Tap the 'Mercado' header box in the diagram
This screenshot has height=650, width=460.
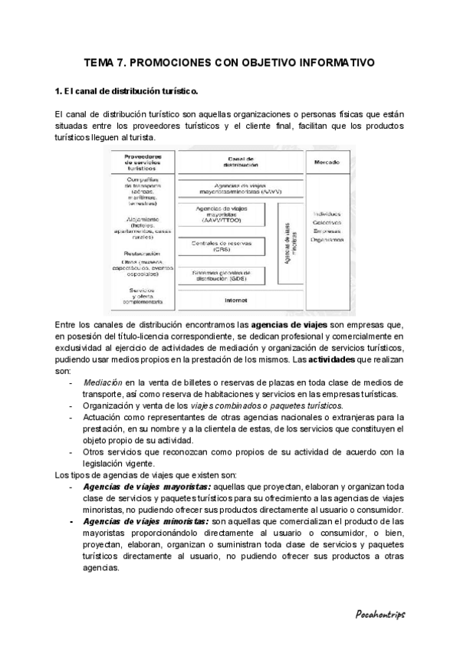click(327, 162)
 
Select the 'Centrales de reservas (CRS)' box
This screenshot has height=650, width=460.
click(222, 245)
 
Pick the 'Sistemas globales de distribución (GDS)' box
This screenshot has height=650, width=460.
click(222, 276)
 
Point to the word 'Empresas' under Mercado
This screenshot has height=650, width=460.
click(327, 230)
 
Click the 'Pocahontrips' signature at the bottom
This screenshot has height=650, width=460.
click(379, 614)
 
